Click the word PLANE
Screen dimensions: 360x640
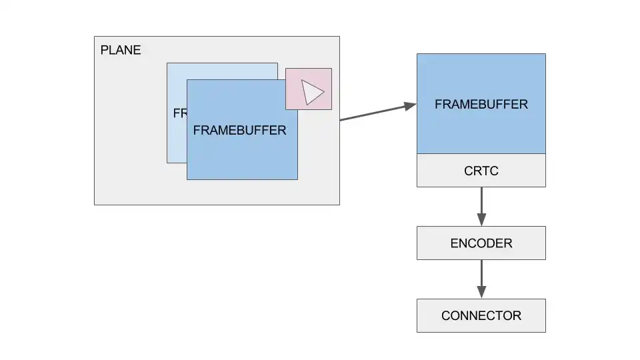(x=121, y=50)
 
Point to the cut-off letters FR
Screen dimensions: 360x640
(x=179, y=113)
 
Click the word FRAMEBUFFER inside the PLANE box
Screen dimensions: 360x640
(x=239, y=130)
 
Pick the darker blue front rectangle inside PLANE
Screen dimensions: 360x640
(x=242, y=157)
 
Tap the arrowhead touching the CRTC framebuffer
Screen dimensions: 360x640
(x=409, y=105)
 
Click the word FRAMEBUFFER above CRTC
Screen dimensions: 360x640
(x=481, y=105)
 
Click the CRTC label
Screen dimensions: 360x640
(x=481, y=171)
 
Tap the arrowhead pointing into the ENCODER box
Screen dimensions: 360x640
(x=481, y=220)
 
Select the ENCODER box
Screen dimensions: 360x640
(x=433, y=243)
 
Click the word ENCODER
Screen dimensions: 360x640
(x=481, y=243)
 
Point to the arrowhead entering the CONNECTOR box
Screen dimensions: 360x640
(x=481, y=292)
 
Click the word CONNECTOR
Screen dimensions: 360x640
(x=481, y=316)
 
